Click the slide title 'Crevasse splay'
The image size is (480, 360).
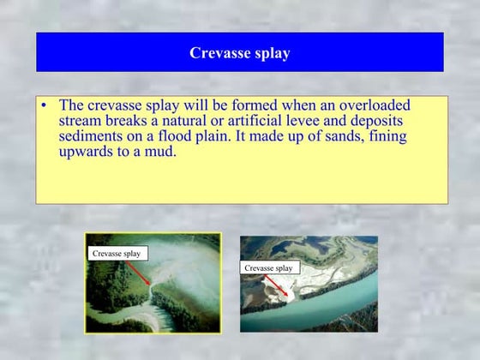click(239, 53)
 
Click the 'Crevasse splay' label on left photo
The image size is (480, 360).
click(117, 254)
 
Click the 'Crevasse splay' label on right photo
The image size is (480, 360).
click(269, 268)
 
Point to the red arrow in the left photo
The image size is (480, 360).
click(137, 272)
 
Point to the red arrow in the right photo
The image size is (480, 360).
click(276, 285)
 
